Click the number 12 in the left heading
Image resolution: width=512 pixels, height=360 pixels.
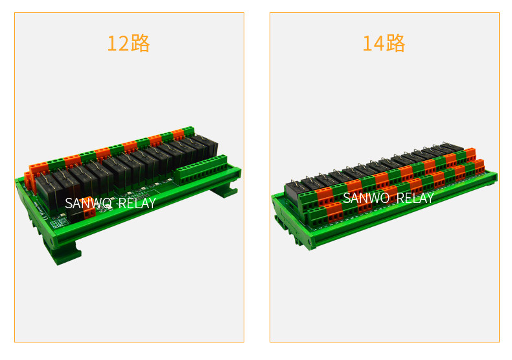pos(118,43)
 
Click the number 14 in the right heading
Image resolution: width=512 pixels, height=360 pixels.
pos(373,43)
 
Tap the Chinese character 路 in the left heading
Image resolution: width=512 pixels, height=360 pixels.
pos(140,43)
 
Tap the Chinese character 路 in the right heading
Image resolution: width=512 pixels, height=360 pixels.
pos(395,43)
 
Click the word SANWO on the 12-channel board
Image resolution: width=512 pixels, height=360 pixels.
pos(88,203)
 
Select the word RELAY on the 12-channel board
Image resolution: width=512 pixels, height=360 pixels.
pos(137,203)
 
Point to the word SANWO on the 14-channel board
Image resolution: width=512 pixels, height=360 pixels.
pos(366,198)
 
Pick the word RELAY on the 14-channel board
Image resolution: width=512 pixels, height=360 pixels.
pos(415,198)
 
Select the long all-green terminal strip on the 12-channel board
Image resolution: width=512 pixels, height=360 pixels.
pos(200,170)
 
